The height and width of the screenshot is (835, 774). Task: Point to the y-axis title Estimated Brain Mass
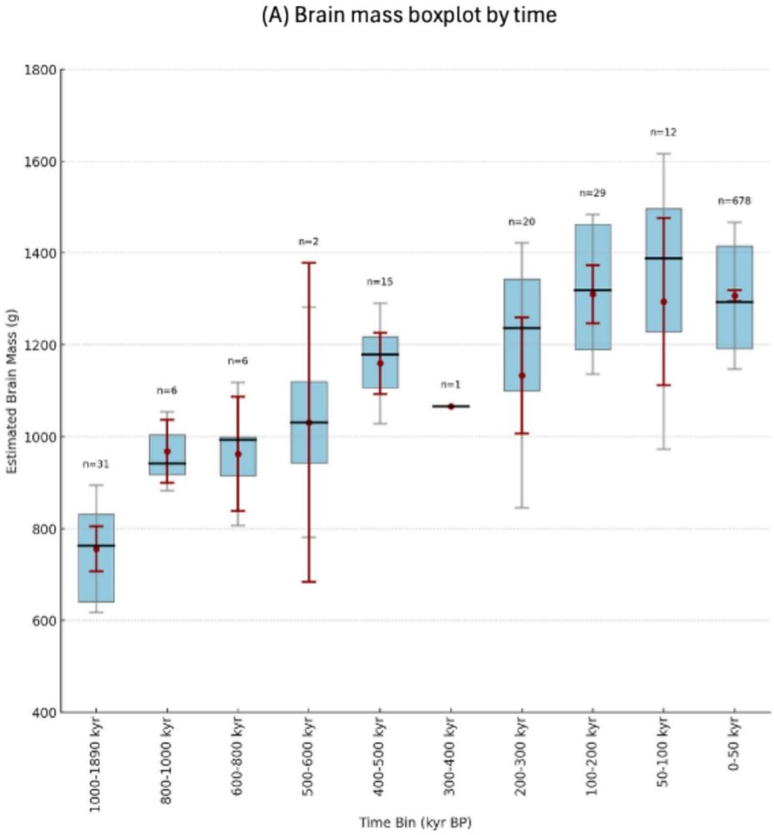tap(13, 391)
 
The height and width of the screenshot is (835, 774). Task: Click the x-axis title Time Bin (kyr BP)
tap(415, 822)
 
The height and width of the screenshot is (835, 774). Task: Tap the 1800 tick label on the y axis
tap(39, 69)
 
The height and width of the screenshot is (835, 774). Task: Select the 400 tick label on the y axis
tap(43, 712)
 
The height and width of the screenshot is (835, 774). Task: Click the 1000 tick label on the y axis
tap(39, 437)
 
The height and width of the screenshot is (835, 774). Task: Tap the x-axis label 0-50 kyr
tap(735, 748)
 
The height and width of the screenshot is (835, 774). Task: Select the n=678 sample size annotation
tap(734, 200)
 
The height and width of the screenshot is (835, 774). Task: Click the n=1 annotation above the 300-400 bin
tap(450, 384)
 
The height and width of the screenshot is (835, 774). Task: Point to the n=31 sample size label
tap(96, 464)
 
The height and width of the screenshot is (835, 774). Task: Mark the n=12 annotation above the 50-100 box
tap(663, 132)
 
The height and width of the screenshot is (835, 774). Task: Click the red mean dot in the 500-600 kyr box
tap(309, 423)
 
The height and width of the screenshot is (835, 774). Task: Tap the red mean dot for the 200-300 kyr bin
tap(522, 376)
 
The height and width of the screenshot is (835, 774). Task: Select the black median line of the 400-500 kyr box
tap(380, 354)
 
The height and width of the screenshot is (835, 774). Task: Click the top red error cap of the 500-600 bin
tap(309, 263)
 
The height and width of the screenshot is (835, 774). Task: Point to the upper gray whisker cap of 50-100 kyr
tap(664, 154)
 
